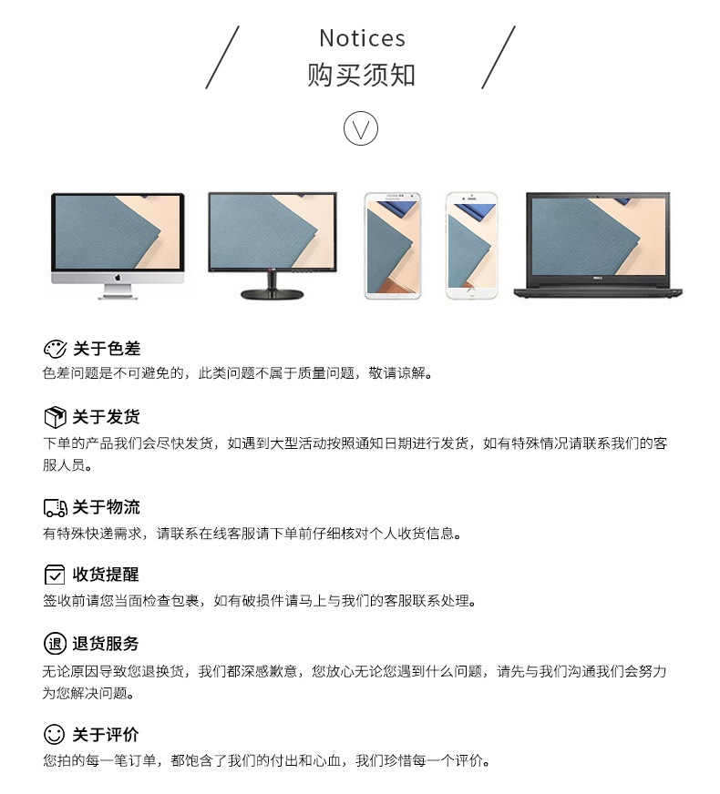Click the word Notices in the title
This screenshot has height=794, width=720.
(363, 38)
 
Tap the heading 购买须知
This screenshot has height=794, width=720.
(361, 75)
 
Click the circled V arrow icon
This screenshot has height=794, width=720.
(361, 128)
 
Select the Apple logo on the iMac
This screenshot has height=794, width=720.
(118, 278)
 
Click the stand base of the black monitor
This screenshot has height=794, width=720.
(272, 294)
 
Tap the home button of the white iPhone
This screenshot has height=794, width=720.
(471, 292)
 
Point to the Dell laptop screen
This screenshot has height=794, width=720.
(598, 236)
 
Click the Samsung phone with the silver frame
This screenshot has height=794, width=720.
(393, 246)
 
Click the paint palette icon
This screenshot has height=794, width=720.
(55, 349)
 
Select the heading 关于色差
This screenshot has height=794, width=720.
(107, 349)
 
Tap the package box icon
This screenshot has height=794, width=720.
(55, 417)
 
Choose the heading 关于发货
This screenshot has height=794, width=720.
(106, 417)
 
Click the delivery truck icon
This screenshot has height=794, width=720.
(56, 507)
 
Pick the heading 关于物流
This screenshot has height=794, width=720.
(106, 507)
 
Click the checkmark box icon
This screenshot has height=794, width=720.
(55, 575)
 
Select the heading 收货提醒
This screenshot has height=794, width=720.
(106, 575)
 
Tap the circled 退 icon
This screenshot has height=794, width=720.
(55, 644)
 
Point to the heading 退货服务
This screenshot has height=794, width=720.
(106, 644)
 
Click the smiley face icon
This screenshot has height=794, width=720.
(55, 734)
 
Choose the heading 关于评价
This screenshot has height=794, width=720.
(106, 734)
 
